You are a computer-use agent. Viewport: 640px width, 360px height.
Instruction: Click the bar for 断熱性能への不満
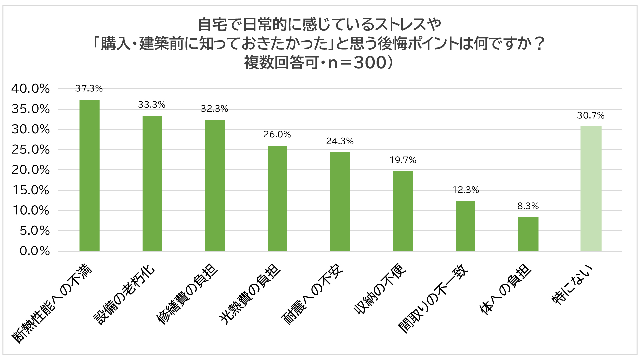point(89,175)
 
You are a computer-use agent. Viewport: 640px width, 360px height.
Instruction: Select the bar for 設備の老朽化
point(152,183)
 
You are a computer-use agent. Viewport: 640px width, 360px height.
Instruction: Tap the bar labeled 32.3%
point(215,185)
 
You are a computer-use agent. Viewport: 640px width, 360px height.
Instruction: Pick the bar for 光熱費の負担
point(277,198)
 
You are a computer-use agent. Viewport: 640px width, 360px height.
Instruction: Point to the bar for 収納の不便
point(403,211)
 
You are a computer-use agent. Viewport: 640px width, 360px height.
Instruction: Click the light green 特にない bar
point(591,188)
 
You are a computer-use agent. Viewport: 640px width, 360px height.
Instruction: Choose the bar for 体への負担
point(528,234)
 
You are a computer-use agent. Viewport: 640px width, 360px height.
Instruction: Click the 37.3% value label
point(89,88)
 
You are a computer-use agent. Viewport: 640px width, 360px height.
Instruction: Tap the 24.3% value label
point(340,141)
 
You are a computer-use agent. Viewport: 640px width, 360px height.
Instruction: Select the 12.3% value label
point(466,190)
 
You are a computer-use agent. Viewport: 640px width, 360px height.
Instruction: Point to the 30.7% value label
point(591,115)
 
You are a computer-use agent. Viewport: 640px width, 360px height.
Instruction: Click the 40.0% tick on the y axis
point(30,89)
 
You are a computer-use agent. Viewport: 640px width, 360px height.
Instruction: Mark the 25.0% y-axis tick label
point(30,150)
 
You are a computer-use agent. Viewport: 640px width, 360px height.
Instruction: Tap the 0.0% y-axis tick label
point(35,251)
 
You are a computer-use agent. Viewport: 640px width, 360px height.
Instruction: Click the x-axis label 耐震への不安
point(312,294)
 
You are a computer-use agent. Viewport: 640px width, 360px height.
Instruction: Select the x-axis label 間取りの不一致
point(433,299)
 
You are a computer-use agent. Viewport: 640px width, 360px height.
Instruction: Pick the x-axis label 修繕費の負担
point(187,294)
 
